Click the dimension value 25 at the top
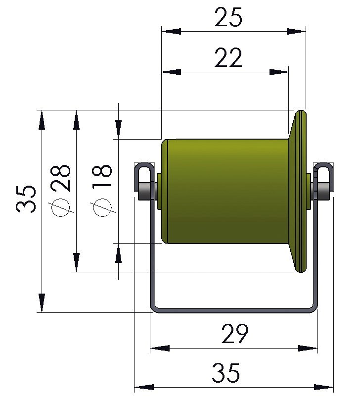click(x=228, y=18)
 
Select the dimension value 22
click(x=228, y=58)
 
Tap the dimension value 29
click(x=234, y=335)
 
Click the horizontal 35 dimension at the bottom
click(x=226, y=373)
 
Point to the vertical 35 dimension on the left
click(x=26, y=199)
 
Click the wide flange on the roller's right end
click(x=299, y=191)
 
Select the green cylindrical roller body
click(x=227, y=191)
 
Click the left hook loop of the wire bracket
click(x=142, y=173)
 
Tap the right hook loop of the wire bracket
click(x=324, y=173)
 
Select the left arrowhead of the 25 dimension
click(x=171, y=31)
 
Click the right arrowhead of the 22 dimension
click(x=279, y=72)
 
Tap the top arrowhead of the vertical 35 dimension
click(x=42, y=119)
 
